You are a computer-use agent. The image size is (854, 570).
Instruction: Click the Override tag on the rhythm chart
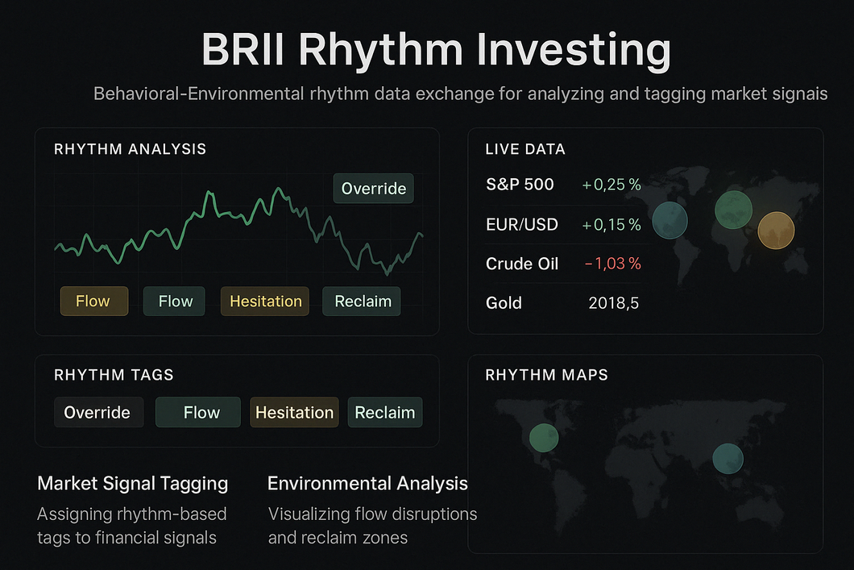point(374,189)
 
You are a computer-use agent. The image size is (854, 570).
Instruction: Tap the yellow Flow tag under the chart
point(94,301)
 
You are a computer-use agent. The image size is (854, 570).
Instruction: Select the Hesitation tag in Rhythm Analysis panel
point(265,301)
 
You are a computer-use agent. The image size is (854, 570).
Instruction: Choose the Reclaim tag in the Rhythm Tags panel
point(385,412)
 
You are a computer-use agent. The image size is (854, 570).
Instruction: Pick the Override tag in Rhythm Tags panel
point(98,412)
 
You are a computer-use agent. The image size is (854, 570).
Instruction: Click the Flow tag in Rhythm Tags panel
point(198,412)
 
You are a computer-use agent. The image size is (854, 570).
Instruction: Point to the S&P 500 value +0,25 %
point(611,185)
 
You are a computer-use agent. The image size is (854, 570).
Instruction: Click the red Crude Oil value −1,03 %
point(612,264)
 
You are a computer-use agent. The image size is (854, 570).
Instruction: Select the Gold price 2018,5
point(613,303)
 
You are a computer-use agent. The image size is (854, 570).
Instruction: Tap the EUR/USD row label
point(522,224)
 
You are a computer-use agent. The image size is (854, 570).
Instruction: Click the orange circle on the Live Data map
point(776,231)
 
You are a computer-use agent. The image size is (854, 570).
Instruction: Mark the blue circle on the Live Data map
point(670,220)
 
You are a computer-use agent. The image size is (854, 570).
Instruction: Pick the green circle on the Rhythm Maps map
point(544,438)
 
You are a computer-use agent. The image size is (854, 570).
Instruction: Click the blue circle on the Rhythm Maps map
point(728,458)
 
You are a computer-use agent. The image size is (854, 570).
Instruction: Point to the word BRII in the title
point(243,50)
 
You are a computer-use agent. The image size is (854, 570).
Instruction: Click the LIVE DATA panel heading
point(525,149)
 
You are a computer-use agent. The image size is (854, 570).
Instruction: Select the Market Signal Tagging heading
point(133,484)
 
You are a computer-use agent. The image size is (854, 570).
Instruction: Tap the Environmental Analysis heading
point(367,484)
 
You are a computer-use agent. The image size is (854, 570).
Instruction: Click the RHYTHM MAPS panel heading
point(547,375)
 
